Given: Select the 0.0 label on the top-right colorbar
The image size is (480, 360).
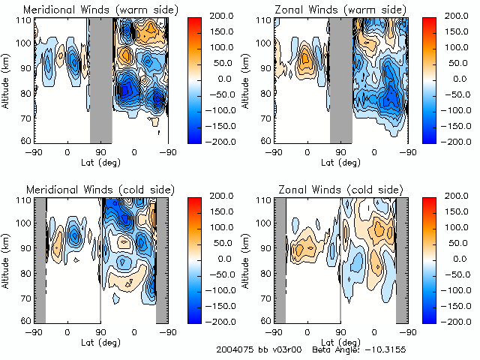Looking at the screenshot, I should (x=455, y=78).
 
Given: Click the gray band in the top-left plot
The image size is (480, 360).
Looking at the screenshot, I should (x=100, y=79).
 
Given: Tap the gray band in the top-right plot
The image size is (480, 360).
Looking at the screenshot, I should (x=340, y=79).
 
